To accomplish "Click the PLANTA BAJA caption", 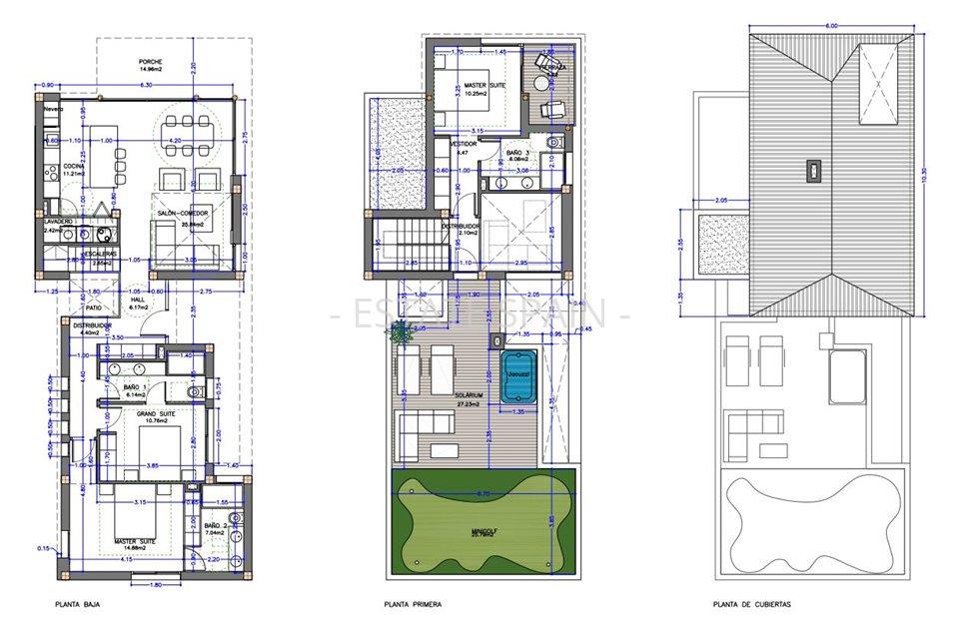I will (x=77, y=604).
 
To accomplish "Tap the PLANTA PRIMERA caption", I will (x=413, y=604).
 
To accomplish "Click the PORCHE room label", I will (x=151, y=62).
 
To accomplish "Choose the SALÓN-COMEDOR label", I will (x=182, y=214).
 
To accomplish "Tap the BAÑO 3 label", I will (x=519, y=152).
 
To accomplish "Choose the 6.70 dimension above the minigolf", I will (x=481, y=493).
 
